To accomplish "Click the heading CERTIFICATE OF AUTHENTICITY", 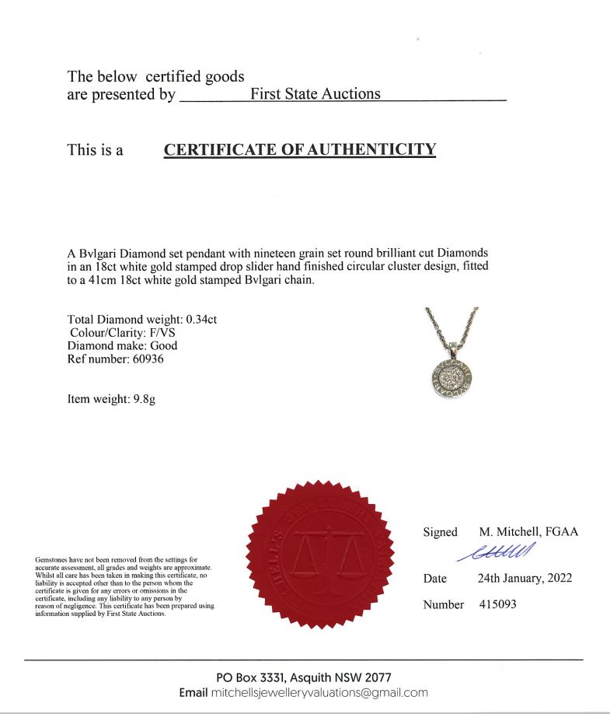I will tap(300, 149).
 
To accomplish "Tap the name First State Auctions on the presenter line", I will tap(315, 94).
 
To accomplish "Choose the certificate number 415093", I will tap(497, 604).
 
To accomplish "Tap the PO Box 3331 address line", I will tap(304, 677).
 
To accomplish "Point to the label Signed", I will tap(440, 532).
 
